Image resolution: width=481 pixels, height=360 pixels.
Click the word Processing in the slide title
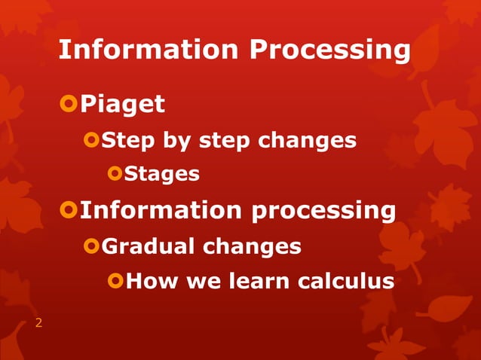click(331, 51)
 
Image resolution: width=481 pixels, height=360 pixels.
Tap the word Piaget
click(122, 104)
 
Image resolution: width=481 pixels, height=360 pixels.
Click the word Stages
click(162, 175)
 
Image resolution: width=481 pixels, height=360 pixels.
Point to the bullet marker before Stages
click(115, 174)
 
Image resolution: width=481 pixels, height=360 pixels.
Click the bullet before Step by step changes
click(92, 139)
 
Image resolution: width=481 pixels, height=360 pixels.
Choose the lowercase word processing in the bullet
click(323, 212)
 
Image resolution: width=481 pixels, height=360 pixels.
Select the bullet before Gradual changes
click(92, 246)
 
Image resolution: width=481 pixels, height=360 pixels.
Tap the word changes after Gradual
click(253, 246)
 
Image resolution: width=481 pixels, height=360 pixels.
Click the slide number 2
click(38, 324)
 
